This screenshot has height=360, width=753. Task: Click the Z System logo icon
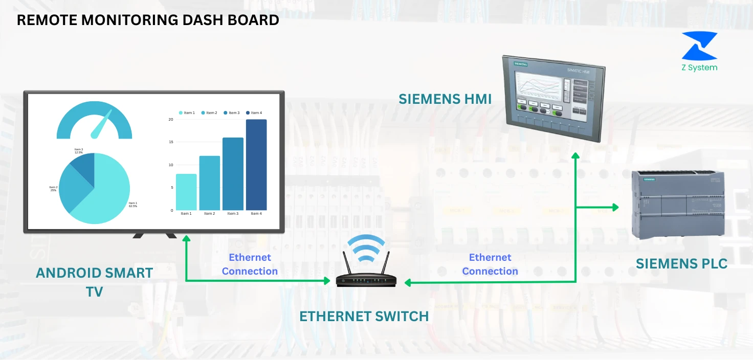(x=699, y=46)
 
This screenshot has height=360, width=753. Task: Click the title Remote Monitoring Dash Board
(x=148, y=20)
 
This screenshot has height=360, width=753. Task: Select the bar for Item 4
(x=256, y=165)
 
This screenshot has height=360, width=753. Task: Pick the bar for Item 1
(x=186, y=192)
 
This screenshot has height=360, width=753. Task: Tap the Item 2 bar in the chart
(x=210, y=183)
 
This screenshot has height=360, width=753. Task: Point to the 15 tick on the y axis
(x=171, y=142)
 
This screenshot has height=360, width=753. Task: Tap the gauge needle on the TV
(x=101, y=125)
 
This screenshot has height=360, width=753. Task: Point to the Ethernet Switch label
(x=364, y=317)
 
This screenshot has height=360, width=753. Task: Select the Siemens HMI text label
(x=445, y=99)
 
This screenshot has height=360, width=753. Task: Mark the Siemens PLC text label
(x=681, y=264)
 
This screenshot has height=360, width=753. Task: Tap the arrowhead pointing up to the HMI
(x=575, y=156)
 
